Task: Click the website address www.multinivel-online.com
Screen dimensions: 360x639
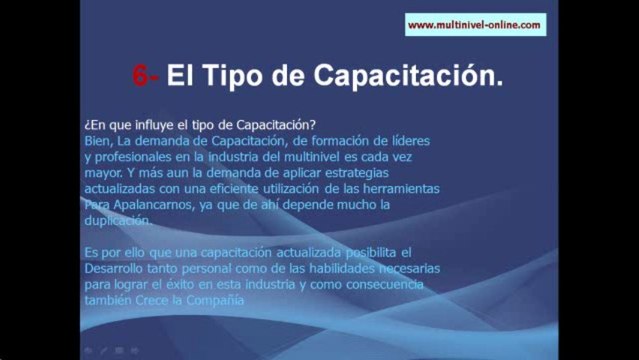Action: [475, 25]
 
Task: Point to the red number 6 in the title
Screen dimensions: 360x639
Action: [141, 75]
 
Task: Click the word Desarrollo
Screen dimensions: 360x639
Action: [120, 269]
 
